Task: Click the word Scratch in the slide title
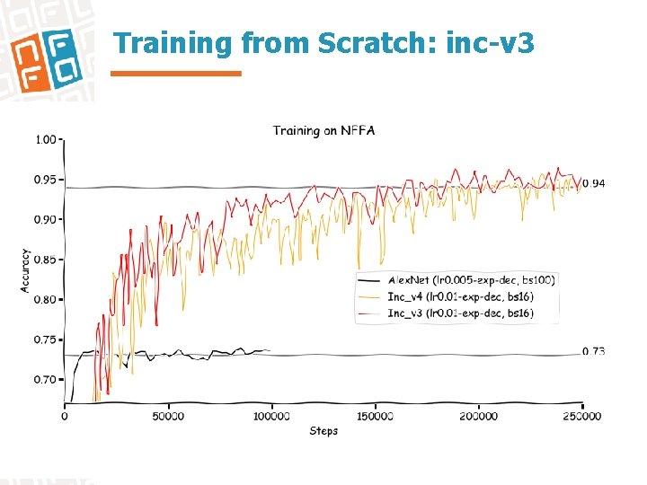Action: tap(377, 43)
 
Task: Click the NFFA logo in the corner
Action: tap(44, 52)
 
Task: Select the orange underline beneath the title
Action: tap(176, 74)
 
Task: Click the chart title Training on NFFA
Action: tap(323, 131)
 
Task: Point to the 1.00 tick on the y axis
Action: tap(45, 140)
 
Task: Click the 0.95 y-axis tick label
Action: tap(45, 180)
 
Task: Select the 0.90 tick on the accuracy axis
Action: tap(45, 219)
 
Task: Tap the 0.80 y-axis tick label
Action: tap(45, 299)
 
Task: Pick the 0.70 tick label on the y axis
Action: tap(45, 379)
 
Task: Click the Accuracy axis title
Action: tap(25, 270)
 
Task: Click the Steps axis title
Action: tap(323, 431)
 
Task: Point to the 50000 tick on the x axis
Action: tap(168, 416)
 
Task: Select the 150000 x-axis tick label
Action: tap(375, 416)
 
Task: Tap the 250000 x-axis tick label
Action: tap(582, 416)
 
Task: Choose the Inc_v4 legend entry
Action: tap(459, 296)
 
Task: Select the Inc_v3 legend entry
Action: tap(459, 313)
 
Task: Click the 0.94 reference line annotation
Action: tap(594, 184)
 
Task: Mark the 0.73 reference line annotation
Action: tap(593, 351)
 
